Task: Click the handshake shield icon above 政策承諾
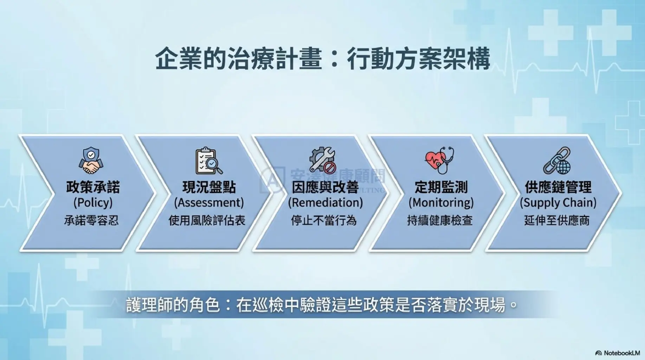coord(91,160)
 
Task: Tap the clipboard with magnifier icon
coord(209,161)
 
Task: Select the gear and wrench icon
coord(323,160)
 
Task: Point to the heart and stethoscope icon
coord(439,160)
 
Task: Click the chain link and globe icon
coord(557,161)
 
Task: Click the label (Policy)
coord(93,203)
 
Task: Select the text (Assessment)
coord(209,203)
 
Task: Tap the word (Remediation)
coord(325,203)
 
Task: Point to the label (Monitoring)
coord(441,203)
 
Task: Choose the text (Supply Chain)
coord(558,203)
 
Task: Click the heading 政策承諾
coord(93,187)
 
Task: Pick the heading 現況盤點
coord(209,187)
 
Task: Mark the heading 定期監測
coord(441,187)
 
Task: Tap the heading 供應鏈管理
coord(558,187)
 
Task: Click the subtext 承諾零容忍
coord(91,221)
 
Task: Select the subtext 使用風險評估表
coord(207,221)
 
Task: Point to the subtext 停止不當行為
coord(324,221)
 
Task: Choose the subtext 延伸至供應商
coord(557,221)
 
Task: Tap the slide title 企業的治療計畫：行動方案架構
coord(322,58)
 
